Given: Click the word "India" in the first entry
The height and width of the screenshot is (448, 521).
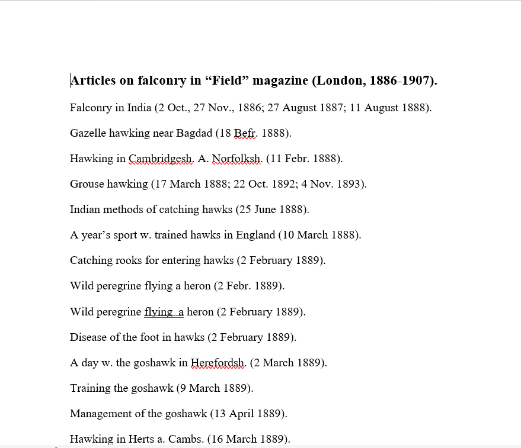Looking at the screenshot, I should click(139, 108).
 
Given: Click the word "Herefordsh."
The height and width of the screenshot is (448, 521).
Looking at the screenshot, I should click(218, 363).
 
